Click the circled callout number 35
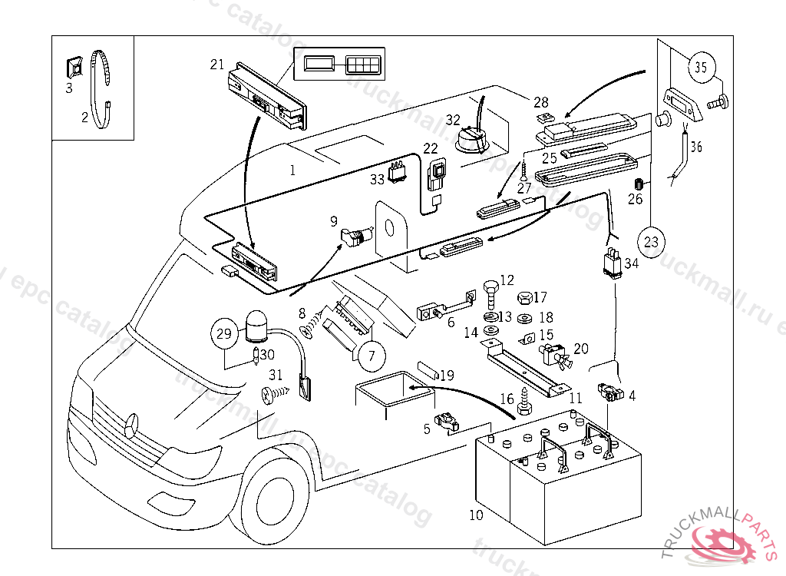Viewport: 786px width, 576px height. tap(699, 68)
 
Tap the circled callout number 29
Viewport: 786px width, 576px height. tap(223, 333)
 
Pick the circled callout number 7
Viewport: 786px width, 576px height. tap(371, 356)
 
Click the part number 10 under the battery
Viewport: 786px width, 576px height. tap(477, 515)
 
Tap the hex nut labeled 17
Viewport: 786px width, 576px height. tap(525, 297)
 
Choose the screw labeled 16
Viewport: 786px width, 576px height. tap(526, 402)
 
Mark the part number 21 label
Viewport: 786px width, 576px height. tap(217, 65)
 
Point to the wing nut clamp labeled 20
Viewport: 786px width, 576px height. tap(556, 356)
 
